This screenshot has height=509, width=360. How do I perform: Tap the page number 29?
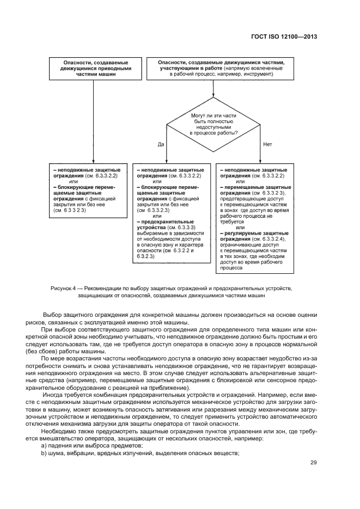(x=313, y=463)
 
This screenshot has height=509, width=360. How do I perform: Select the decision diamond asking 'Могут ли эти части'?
(x=214, y=124)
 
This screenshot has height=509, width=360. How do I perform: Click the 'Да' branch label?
(x=161, y=145)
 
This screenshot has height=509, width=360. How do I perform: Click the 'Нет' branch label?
(x=267, y=145)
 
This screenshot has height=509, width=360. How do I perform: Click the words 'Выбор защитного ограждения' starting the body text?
(x=84, y=315)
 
